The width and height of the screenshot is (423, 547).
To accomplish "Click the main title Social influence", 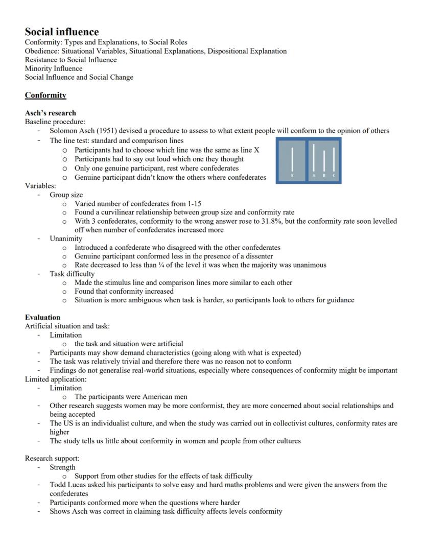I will point(62,32).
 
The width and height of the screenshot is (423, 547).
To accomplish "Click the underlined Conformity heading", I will point(45,95).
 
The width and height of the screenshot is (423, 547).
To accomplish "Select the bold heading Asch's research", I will point(50,113).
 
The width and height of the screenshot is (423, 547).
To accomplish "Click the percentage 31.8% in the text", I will point(262,221).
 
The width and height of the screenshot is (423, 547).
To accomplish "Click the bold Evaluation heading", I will point(42,317).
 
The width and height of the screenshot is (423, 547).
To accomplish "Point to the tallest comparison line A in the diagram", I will point(314,157).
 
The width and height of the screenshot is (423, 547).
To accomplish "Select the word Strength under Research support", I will point(62,467).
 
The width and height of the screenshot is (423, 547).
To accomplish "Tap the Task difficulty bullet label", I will point(72,274).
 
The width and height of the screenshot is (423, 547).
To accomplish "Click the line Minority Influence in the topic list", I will point(54,68).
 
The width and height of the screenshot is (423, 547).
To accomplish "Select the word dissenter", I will point(257,256).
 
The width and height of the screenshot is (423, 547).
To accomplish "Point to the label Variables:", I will point(40,186).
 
